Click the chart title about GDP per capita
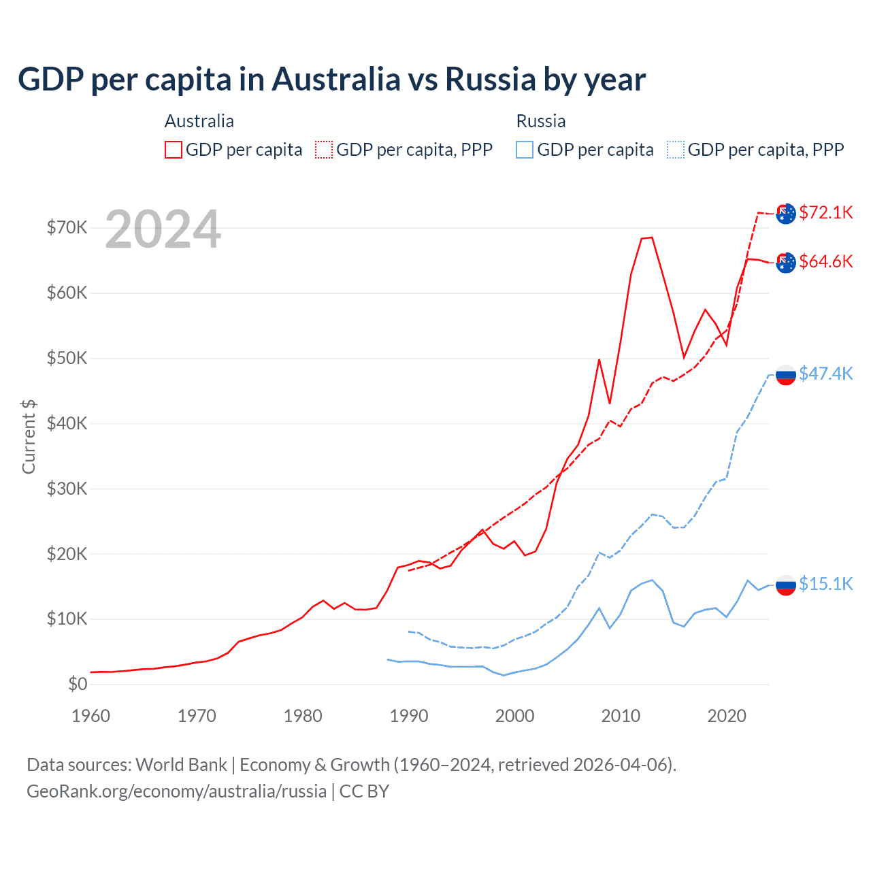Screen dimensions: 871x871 click(331, 80)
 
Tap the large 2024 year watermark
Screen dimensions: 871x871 click(163, 230)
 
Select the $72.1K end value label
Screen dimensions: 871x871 click(825, 212)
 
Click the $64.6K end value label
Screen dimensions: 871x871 click(825, 261)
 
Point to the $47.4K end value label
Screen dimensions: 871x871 click(825, 374)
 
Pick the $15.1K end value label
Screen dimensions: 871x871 click(825, 584)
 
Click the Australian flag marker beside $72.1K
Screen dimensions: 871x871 click(786, 214)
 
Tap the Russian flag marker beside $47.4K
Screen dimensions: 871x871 click(786, 375)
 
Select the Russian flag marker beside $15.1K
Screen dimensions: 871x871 click(786, 585)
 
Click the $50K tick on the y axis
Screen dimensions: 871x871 click(67, 358)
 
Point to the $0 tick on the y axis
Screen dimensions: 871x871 click(78, 684)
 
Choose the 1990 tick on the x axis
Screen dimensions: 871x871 click(409, 716)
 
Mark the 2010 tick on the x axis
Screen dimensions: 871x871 click(621, 716)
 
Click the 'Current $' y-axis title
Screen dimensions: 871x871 click(29, 437)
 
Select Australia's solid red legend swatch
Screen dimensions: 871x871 click(174, 150)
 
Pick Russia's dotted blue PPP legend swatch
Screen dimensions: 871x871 click(676, 150)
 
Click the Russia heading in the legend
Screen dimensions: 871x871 click(541, 121)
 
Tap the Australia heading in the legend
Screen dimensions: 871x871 click(199, 121)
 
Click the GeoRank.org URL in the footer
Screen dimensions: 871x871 click(176, 791)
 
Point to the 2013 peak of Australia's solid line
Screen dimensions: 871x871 click(652, 237)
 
